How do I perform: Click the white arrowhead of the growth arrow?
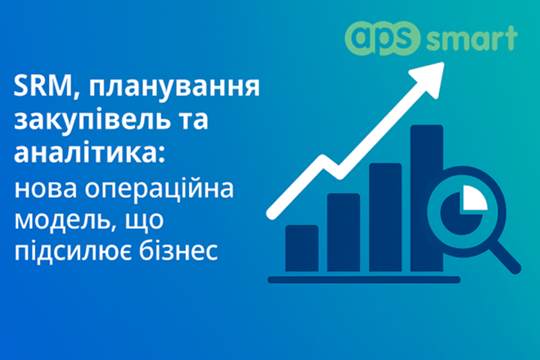(431, 73)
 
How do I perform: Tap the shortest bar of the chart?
(302, 248)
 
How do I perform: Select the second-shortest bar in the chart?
(343, 232)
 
